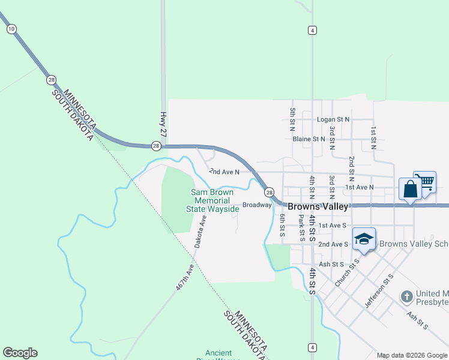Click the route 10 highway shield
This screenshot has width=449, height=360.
click(x=11, y=28)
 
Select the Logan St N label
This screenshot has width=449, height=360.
click(x=333, y=119)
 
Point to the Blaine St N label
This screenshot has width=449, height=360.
click(x=309, y=139)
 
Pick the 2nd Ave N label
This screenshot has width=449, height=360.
click(x=224, y=172)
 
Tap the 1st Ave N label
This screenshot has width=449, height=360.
click(x=360, y=187)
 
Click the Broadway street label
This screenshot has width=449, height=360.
click(x=257, y=205)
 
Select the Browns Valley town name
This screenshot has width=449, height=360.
click(x=318, y=206)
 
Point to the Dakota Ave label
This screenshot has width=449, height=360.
click(x=200, y=232)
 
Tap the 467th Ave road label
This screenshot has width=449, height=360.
click(x=185, y=277)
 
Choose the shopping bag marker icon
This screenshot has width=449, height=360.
click(x=410, y=190)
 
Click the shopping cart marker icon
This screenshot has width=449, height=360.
click(x=426, y=181)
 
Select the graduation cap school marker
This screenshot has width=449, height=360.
click(x=364, y=239)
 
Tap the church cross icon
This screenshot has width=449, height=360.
click(x=407, y=296)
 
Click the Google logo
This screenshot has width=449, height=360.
click(x=20, y=353)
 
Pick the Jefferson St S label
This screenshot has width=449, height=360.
click(x=378, y=290)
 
